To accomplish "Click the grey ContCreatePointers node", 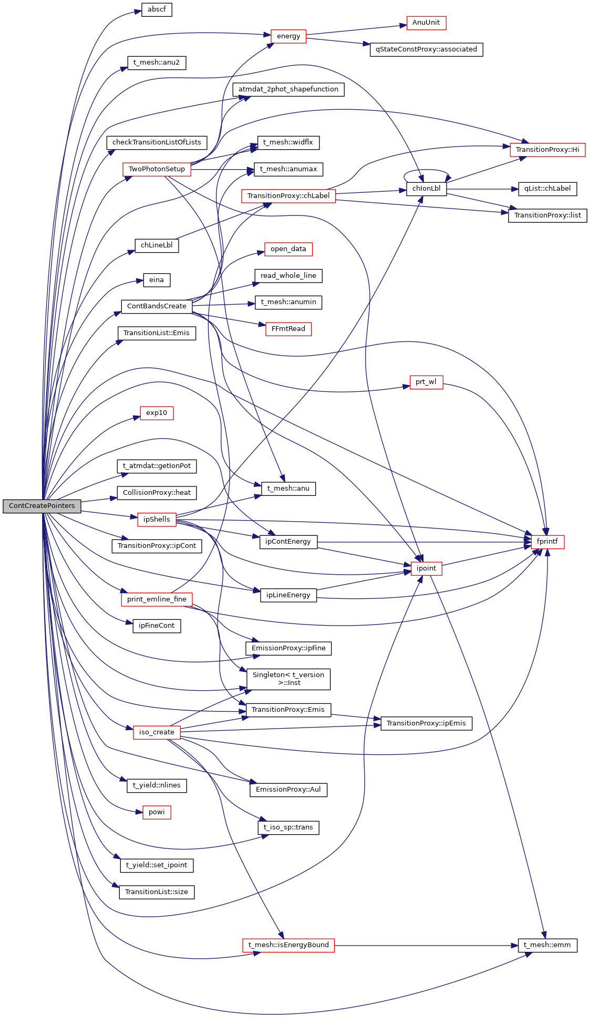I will (42, 506).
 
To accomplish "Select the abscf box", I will (157, 9).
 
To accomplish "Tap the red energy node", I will (288, 36).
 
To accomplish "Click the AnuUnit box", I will (426, 23).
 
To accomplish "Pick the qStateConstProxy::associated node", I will (426, 49).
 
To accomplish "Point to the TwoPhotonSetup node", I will (157, 169).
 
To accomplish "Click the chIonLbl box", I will (426, 189).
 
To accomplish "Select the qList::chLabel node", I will (547, 189).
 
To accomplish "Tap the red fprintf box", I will (547, 542).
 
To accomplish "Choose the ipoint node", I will (426, 568).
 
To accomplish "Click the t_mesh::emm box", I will (547, 945).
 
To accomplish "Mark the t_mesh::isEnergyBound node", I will (288, 945).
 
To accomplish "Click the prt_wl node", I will (426, 382).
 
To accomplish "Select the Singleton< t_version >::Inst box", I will (288, 679).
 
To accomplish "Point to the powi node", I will (157, 812).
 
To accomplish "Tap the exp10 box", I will (157, 413).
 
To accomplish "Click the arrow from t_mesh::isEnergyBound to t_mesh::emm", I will (426, 945).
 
